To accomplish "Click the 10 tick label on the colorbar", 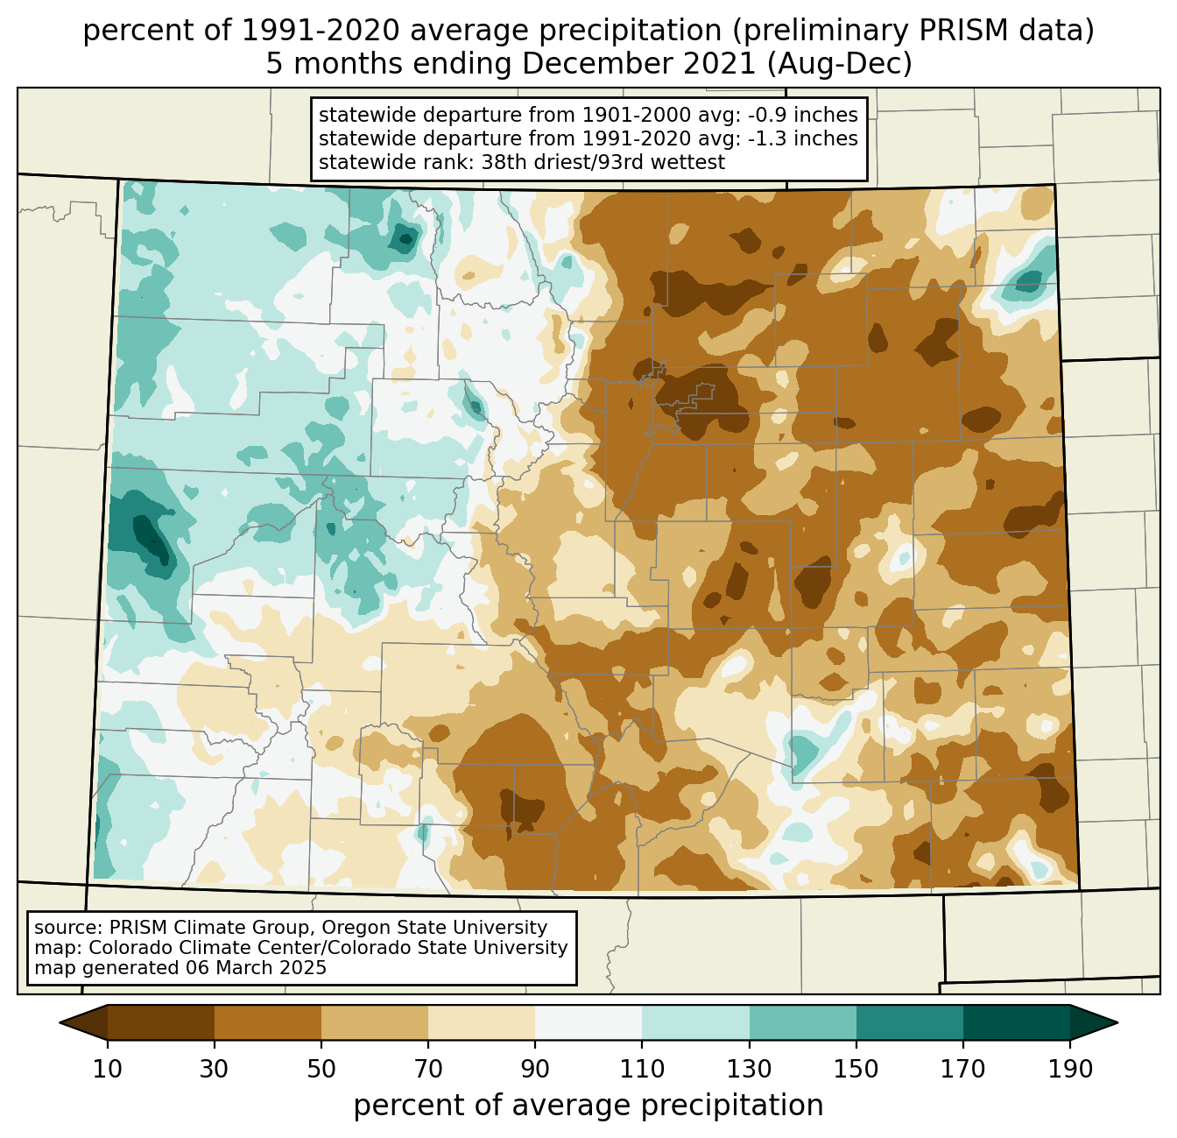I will pyautogui.click(x=108, y=1070).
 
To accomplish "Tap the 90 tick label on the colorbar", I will pyautogui.click(x=535, y=1070).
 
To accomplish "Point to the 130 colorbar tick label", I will pyautogui.click(x=750, y=1070).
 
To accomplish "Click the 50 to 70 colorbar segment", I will pyautogui.click(x=375, y=1022).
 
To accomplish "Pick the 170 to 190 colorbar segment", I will pyautogui.click(x=1017, y=1022).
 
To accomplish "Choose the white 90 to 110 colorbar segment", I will pyautogui.click(x=588, y=1022).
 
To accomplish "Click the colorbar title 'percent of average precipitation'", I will pyautogui.click(x=588, y=1106).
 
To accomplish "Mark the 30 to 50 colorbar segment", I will pyautogui.click(x=268, y=1022).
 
